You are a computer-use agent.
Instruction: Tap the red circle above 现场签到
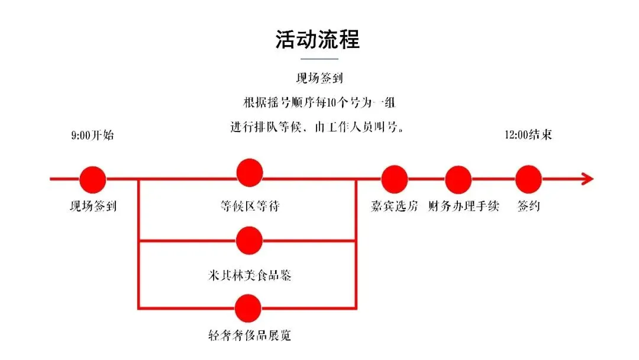[x=93, y=179]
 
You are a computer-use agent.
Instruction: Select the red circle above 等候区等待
[x=249, y=173]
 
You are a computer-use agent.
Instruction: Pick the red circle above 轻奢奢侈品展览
[x=248, y=308]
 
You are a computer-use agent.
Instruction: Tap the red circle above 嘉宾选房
[x=394, y=179]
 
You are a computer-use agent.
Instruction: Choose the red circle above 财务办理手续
[x=458, y=179]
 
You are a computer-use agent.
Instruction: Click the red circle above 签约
[x=528, y=179]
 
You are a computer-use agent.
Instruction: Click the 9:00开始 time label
[x=92, y=135]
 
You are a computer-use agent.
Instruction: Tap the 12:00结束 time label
[x=528, y=135]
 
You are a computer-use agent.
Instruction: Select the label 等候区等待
[x=249, y=207]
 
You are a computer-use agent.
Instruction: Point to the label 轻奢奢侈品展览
[x=247, y=335]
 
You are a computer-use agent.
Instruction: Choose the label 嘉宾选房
[x=394, y=207]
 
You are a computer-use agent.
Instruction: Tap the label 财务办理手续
[x=463, y=207]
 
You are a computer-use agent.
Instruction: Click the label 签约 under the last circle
[x=528, y=207]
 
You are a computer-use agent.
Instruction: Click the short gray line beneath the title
[x=319, y=59]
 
